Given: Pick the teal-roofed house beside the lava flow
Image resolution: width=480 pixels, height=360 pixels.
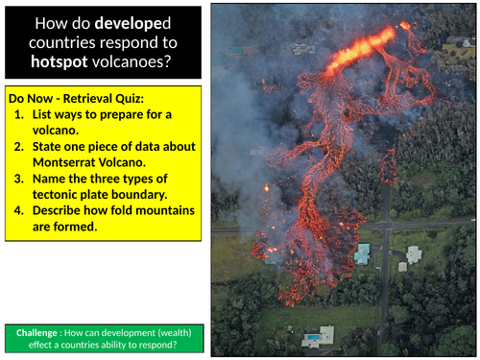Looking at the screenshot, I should coord(362,253).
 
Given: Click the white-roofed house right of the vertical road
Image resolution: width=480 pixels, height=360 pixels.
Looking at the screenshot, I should coord(413,254).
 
